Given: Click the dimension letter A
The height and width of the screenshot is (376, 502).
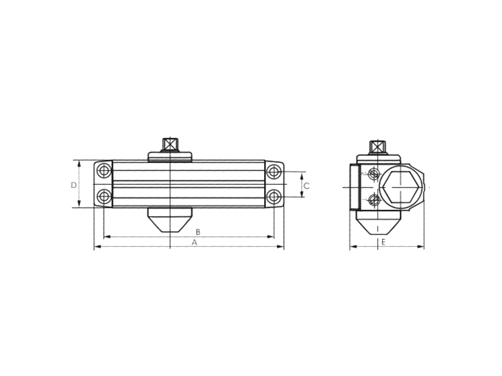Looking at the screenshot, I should click(x=195, y=242).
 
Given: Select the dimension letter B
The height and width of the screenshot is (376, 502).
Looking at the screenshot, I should click(x=197, y=231).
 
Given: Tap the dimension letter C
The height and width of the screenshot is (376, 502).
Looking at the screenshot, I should click(x=307, y=185).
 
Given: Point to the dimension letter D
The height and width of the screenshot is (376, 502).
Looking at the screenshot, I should click(x=73, y=185).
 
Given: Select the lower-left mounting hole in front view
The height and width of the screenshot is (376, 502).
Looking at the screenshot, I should click(x=104, y=197).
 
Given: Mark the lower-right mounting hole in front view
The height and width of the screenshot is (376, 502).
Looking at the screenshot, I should click(x=273, y=197).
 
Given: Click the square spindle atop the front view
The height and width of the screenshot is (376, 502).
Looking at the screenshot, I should click(x=169, y=144).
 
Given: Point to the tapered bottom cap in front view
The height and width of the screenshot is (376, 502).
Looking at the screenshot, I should click(x=169, y=220).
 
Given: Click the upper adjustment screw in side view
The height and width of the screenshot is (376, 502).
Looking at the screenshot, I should click(x=374, y=174).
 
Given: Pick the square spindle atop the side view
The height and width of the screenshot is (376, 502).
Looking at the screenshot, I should click(x=376, y=147).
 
